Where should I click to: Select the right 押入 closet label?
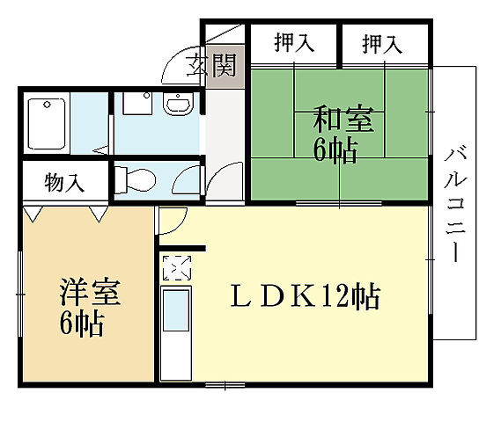(382, 41)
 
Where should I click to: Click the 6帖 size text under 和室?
(335, 151)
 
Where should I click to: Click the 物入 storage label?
(63, 183)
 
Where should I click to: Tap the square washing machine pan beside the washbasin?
(135, 105)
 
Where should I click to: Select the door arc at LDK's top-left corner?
(172, 221)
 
